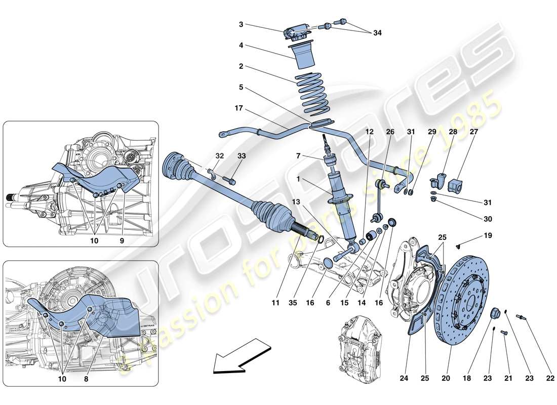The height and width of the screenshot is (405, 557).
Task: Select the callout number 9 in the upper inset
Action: tap(122, 241)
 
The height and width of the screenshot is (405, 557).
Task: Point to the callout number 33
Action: tap(242, 156)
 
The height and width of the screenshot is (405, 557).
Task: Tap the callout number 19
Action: tap(487, 235)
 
